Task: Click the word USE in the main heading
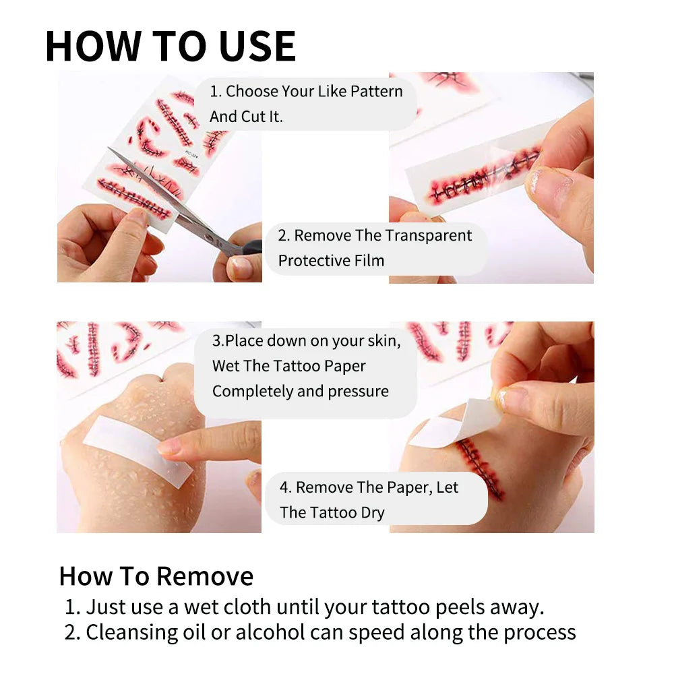click(257, 47)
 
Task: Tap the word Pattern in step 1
click(377, 91)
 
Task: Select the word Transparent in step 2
click(428, 236)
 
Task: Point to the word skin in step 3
click(384, 341)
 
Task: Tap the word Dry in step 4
click(373, 513)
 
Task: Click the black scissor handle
click(251, 247)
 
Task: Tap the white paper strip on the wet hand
click(137, 452)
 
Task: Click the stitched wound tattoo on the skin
click(479, 468)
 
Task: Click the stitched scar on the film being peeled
click(481, 176)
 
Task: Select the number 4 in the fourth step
click(284, 487)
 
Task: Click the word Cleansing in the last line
click(131, 633)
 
